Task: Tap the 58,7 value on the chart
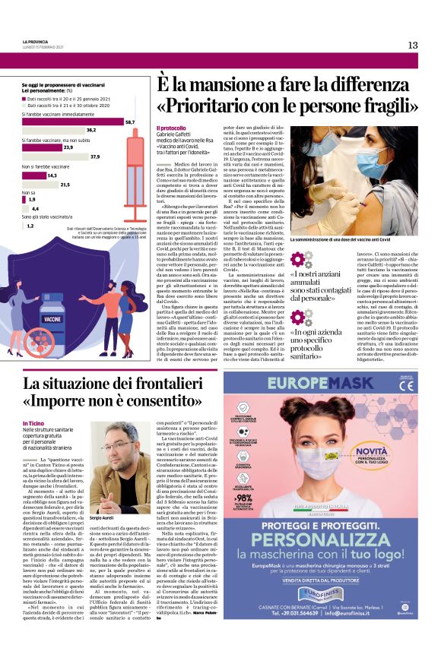click(130, 122)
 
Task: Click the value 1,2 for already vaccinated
click(30, 226)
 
